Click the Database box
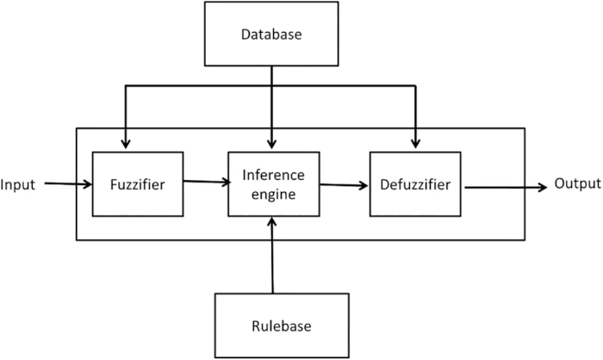[271, 34]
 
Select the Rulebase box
[282, 326]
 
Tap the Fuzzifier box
[138, 184]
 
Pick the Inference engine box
[273, 184]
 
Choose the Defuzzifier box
[415, 184]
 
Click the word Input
[18, 185]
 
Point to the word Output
[578, 183]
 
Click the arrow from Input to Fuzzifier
[68, 183]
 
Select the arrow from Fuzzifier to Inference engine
[207, 182]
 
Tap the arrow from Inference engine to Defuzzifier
[344, 185]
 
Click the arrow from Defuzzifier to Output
[507, 188]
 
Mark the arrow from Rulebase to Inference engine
[272, 256]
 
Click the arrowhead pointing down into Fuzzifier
[126, 144]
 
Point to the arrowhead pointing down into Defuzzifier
[415, 144]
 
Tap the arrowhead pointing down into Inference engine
[271, 144]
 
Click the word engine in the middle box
[273, 195]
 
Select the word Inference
[273, 175]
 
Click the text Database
[271, 34]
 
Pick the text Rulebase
[282, 326]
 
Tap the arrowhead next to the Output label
[543, 188]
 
